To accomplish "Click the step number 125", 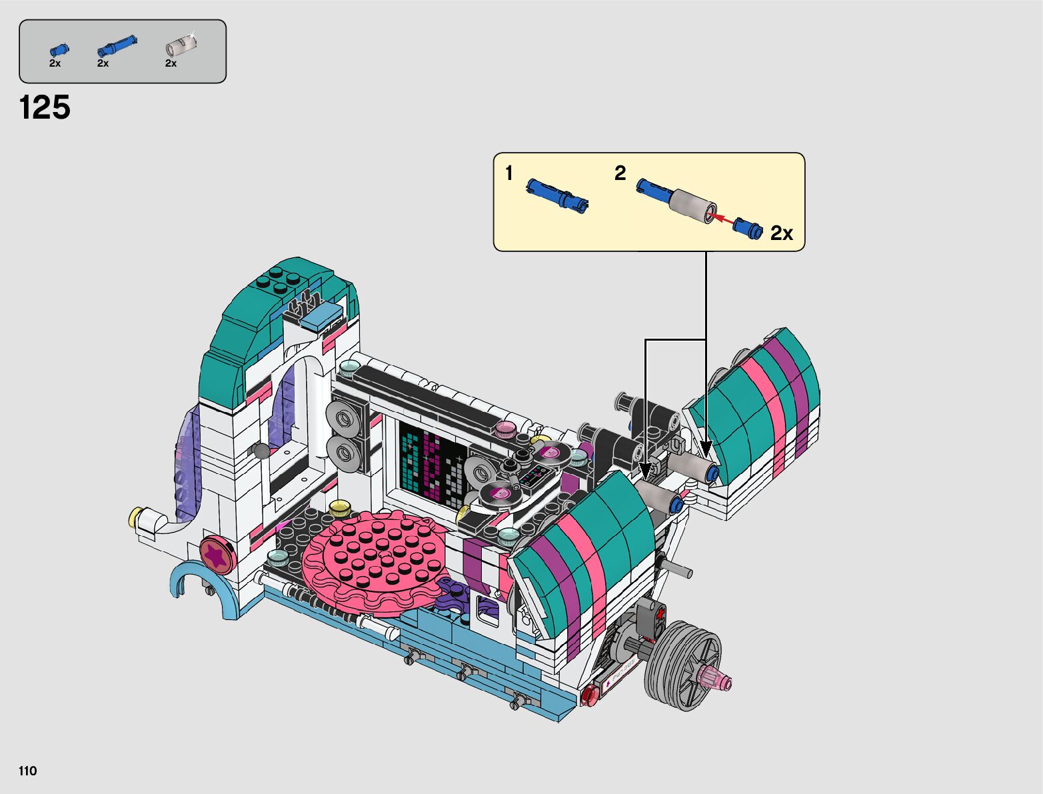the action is click(45, 107).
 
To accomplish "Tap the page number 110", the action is click(27, 771).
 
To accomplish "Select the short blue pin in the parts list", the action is click(59, 50).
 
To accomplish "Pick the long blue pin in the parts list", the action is click(117, 45).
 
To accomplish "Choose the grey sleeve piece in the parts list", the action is click(181, 45).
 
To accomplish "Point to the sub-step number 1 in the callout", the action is click(509, 173).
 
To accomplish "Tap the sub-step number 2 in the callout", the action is click(620, 173).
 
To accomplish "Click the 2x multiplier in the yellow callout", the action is click(782, 233).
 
